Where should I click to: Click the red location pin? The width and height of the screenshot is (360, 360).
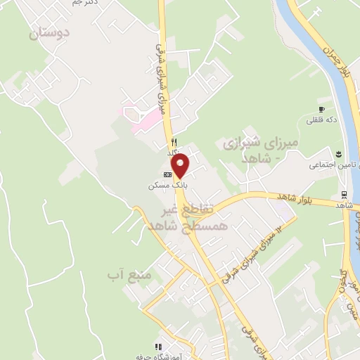(181, 165)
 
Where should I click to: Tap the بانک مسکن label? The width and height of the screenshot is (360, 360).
(160, 185)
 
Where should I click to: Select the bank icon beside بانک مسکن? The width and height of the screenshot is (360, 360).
(167, 174)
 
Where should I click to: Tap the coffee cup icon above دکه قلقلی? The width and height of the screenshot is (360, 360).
(321, 109)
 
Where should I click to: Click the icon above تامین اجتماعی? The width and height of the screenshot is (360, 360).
(338, 153)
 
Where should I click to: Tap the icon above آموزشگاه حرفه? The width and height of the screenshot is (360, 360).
(159, 346)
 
